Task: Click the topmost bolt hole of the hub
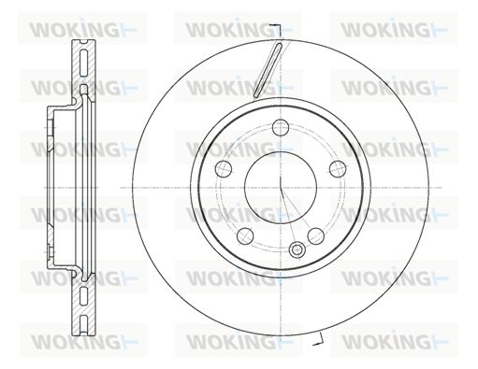(x=281, y=127)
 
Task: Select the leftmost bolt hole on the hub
(x=224, y=168)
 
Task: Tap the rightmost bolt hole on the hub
(x=338, y=168)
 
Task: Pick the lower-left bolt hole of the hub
(x=245, y=235)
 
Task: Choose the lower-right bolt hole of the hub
(x=315, y=235)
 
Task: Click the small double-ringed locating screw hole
(x=297, y=249)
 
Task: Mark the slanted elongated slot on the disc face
(x=268, y=70)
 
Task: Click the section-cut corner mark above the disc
(x=277, y=31)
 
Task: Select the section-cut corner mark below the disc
(x=319, y=339)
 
